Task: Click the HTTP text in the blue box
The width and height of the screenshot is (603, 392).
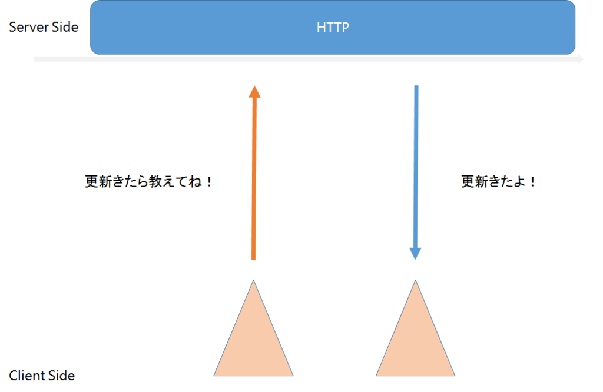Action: (333, 27)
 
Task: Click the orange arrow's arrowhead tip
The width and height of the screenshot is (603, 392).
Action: (254, 86)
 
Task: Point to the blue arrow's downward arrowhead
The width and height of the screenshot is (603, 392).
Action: (415, 254)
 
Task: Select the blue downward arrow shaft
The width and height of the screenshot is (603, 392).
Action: (416, 167)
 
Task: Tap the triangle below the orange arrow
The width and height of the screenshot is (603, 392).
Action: (253, 338)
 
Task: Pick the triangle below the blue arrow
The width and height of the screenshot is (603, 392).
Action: (415, 338)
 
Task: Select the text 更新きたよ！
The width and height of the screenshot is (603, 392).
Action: (498, 181)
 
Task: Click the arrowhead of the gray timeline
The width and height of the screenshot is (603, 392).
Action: (580, 59)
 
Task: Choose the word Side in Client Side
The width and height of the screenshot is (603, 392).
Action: (61, 375)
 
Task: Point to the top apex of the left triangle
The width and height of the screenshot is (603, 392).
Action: (253, 280)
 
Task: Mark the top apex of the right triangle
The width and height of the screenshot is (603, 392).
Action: (415, 280)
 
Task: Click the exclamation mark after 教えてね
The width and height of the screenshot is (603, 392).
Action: (209, 181)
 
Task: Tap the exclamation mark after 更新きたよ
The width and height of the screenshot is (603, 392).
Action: (532, 181)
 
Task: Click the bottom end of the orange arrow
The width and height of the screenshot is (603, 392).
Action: (253, 260)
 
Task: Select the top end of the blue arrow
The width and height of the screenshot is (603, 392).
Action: (416, 86)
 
